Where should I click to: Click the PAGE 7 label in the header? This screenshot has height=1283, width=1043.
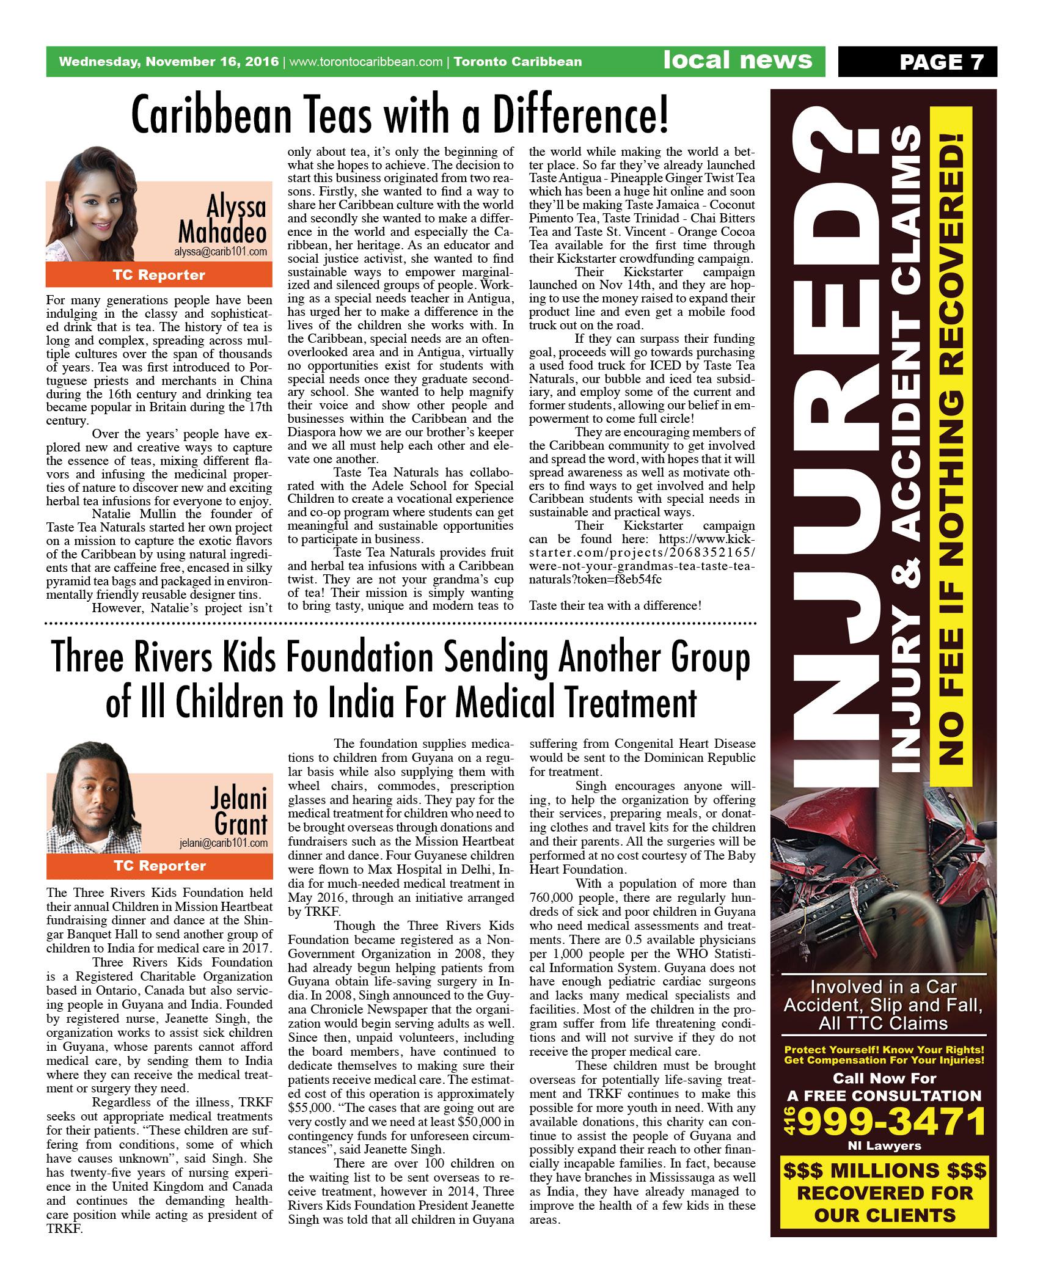[941, 62]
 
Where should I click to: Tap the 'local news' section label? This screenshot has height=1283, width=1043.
[738, 60]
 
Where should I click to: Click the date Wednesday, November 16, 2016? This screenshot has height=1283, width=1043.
[169, 62]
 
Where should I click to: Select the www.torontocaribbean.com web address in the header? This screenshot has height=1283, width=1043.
[365, 62]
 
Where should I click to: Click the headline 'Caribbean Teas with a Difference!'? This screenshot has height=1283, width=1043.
[400, 116]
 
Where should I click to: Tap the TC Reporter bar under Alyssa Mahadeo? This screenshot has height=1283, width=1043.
[159, 275]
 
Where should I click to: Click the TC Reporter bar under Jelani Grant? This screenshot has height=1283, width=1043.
[159, 866]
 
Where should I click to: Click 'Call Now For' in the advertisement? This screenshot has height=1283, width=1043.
[884, 1078]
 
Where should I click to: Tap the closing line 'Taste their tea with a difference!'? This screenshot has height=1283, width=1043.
[615, 605]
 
